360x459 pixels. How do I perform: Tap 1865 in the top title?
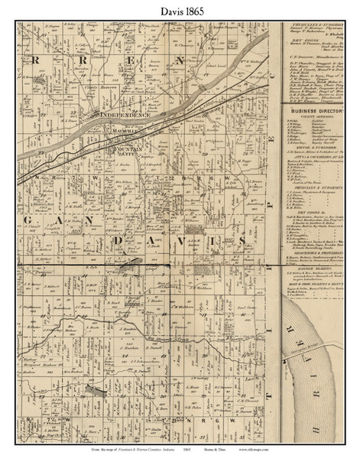(x=194, y=10)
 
